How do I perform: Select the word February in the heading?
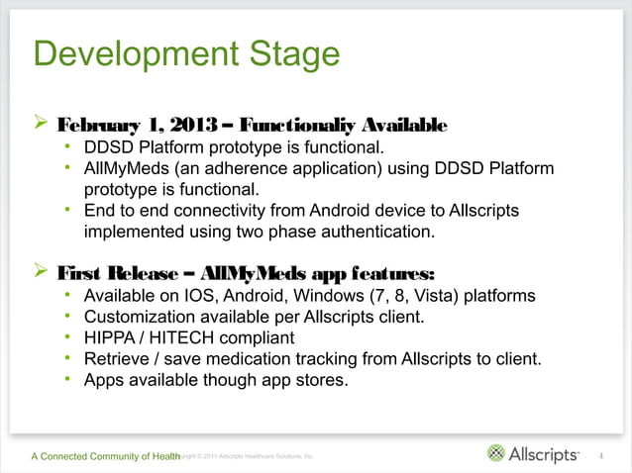pyautogui.click(x=98, y=127)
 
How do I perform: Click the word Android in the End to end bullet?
pyautogui.click(x=362, y=212)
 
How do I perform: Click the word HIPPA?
pyautogui.click(x=112, y=337)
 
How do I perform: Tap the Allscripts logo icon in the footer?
pyautogui.click(x=495, y=454)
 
